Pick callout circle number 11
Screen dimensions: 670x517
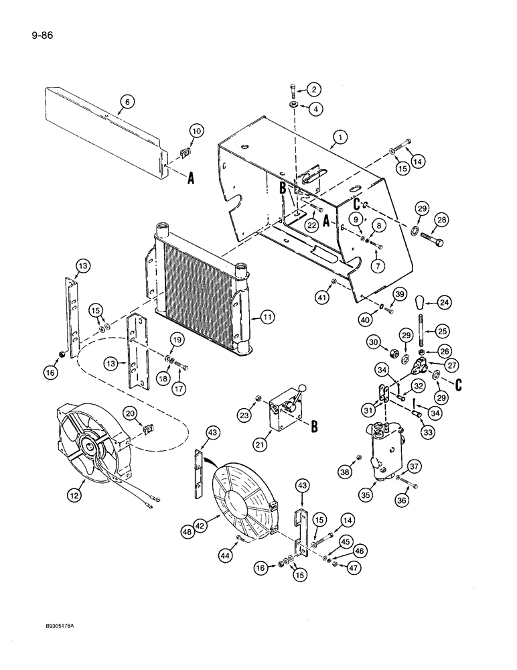(x=267, y=318)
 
